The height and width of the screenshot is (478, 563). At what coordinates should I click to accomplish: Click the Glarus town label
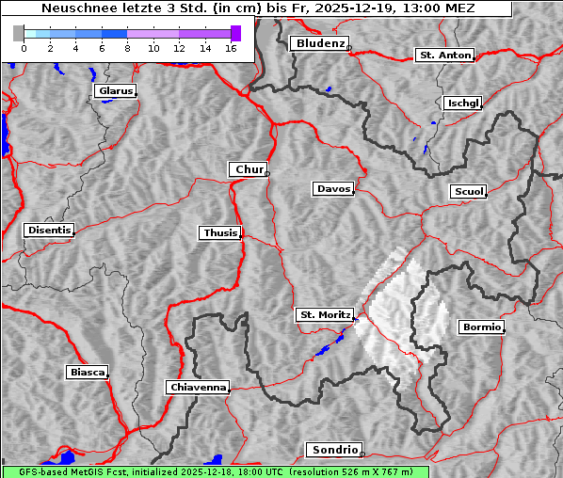[115, 91]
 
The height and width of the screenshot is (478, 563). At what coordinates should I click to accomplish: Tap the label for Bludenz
[319, 43]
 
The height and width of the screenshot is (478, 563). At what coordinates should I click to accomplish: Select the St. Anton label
[444, 56]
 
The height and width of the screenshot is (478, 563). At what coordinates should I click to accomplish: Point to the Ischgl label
[463, 103]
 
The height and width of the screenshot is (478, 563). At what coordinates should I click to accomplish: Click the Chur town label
[249, 169]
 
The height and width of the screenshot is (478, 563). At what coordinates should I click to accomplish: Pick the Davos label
[333, 189]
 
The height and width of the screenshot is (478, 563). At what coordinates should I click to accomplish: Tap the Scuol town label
[469, 191]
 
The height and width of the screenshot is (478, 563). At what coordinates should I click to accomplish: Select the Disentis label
[48, 231]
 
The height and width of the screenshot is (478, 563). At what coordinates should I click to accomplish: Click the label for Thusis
[220, 232]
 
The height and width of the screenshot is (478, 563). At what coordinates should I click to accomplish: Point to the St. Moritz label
[325, 315]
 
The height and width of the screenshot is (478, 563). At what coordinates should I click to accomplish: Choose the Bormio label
[481, 327]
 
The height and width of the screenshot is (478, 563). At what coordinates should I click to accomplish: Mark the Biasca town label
[88, 372]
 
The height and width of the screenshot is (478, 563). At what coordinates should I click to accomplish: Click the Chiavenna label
[198, 387]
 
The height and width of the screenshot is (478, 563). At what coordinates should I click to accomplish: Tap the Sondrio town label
[333, 450]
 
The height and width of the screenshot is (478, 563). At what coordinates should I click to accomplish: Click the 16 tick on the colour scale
[230, 47]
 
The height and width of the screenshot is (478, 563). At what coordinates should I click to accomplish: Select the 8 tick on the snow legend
[126, 47]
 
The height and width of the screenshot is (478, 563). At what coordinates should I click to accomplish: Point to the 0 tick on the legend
[24, 47]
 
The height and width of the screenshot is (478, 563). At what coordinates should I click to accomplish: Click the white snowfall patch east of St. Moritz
[400, 306]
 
